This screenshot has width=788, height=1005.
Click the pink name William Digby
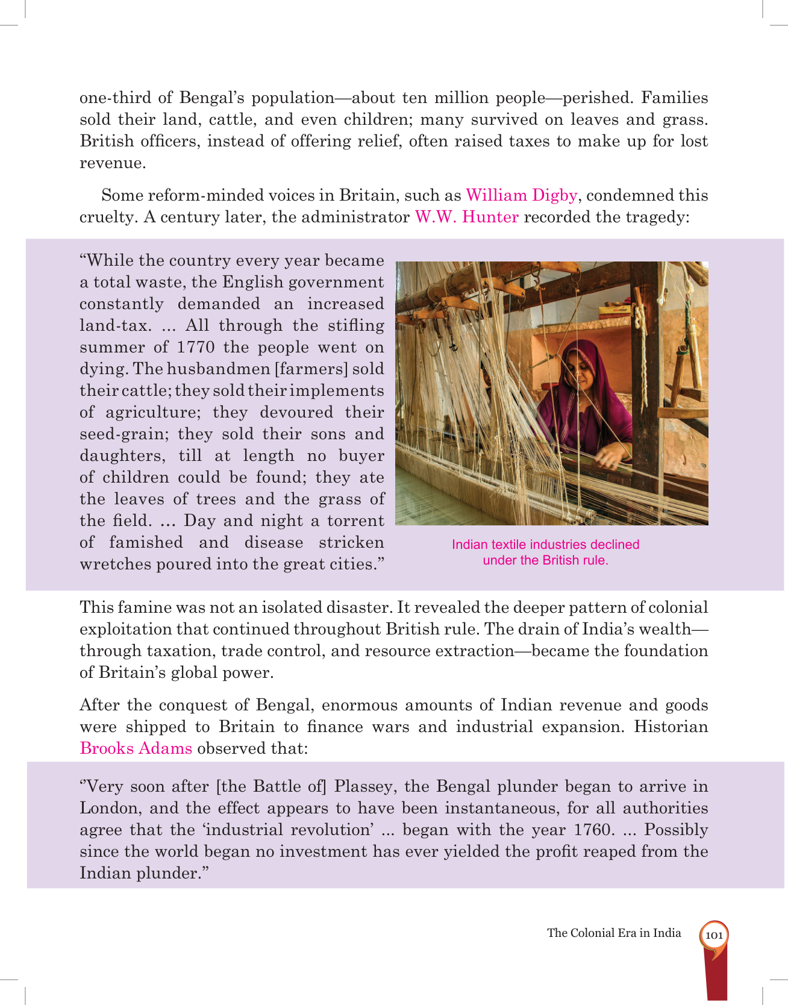521,195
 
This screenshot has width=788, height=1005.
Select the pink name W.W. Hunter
466,217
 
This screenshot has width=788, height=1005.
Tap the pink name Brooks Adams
136,748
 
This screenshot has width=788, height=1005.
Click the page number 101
714,935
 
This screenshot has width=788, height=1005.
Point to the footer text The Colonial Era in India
614,933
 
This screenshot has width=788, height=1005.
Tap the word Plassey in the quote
364,786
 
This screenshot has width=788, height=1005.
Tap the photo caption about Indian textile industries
545,552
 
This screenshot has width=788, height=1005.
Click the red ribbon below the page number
716,976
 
